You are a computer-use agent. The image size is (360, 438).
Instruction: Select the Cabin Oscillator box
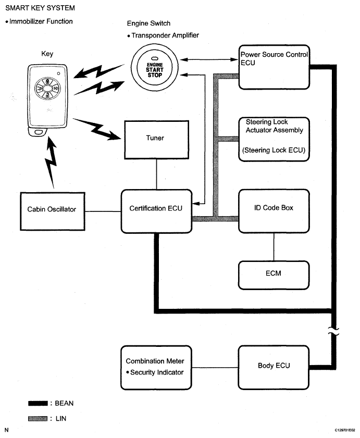[x=52, y=209]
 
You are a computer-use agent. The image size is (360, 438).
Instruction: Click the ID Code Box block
[x=274, y=210]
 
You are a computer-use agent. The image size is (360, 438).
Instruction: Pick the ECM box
[x=274, y=273]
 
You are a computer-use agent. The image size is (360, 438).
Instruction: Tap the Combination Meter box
[x=155, y=367]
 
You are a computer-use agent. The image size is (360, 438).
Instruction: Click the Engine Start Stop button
[x=155, y=69]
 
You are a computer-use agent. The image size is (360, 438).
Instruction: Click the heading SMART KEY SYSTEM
[x=40, y=8]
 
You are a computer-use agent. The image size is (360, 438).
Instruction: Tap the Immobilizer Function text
[x=40, y=21]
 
